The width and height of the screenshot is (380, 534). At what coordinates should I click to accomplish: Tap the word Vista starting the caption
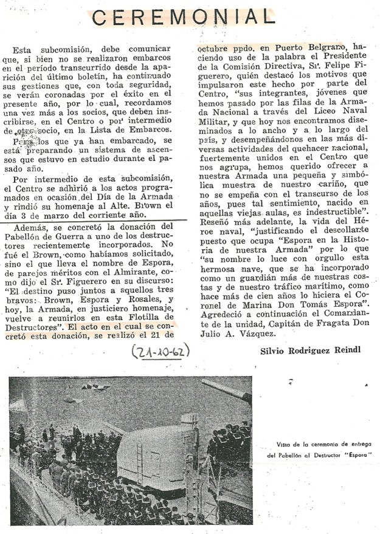278,444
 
